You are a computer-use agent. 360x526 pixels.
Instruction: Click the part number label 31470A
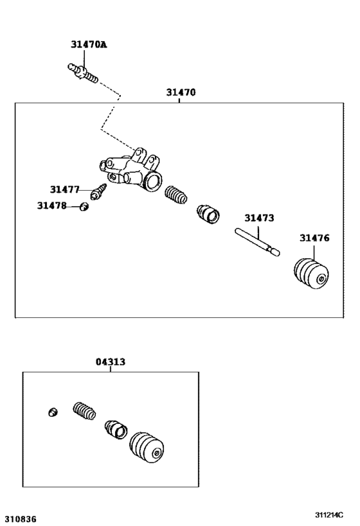pos(89,45)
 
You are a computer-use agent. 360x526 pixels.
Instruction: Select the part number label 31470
pos(181,92)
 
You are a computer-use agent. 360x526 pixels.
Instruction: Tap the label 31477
pos(64,189)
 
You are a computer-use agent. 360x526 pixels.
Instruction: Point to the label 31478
pos(51,206)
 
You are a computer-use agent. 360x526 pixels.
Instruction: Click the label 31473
pos(259,218)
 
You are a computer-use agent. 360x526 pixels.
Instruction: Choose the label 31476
pos(314,238)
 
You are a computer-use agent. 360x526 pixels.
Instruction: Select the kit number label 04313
pos(111,362)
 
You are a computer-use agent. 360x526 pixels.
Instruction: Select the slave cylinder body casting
pos(132,173)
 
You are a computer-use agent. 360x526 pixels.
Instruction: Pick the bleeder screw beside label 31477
pos(100,191)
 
